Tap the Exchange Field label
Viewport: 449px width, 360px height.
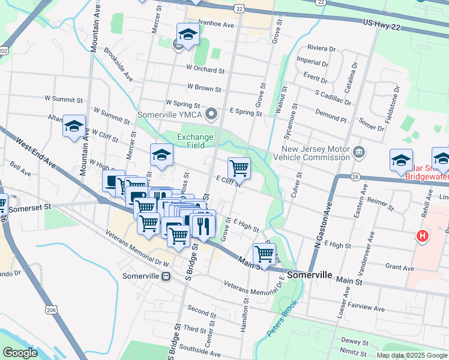(x=195, y=141)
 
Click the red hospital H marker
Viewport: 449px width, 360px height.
(x=423, y=236)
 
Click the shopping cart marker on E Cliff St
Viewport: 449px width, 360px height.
(x=239, y=168)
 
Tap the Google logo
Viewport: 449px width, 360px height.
(x=20, y=353)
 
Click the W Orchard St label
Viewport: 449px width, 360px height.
(x=205, y=70)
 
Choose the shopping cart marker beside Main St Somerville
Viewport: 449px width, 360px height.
(x=264, y=254)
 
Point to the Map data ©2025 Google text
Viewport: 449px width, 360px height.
(x=411, y=355)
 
